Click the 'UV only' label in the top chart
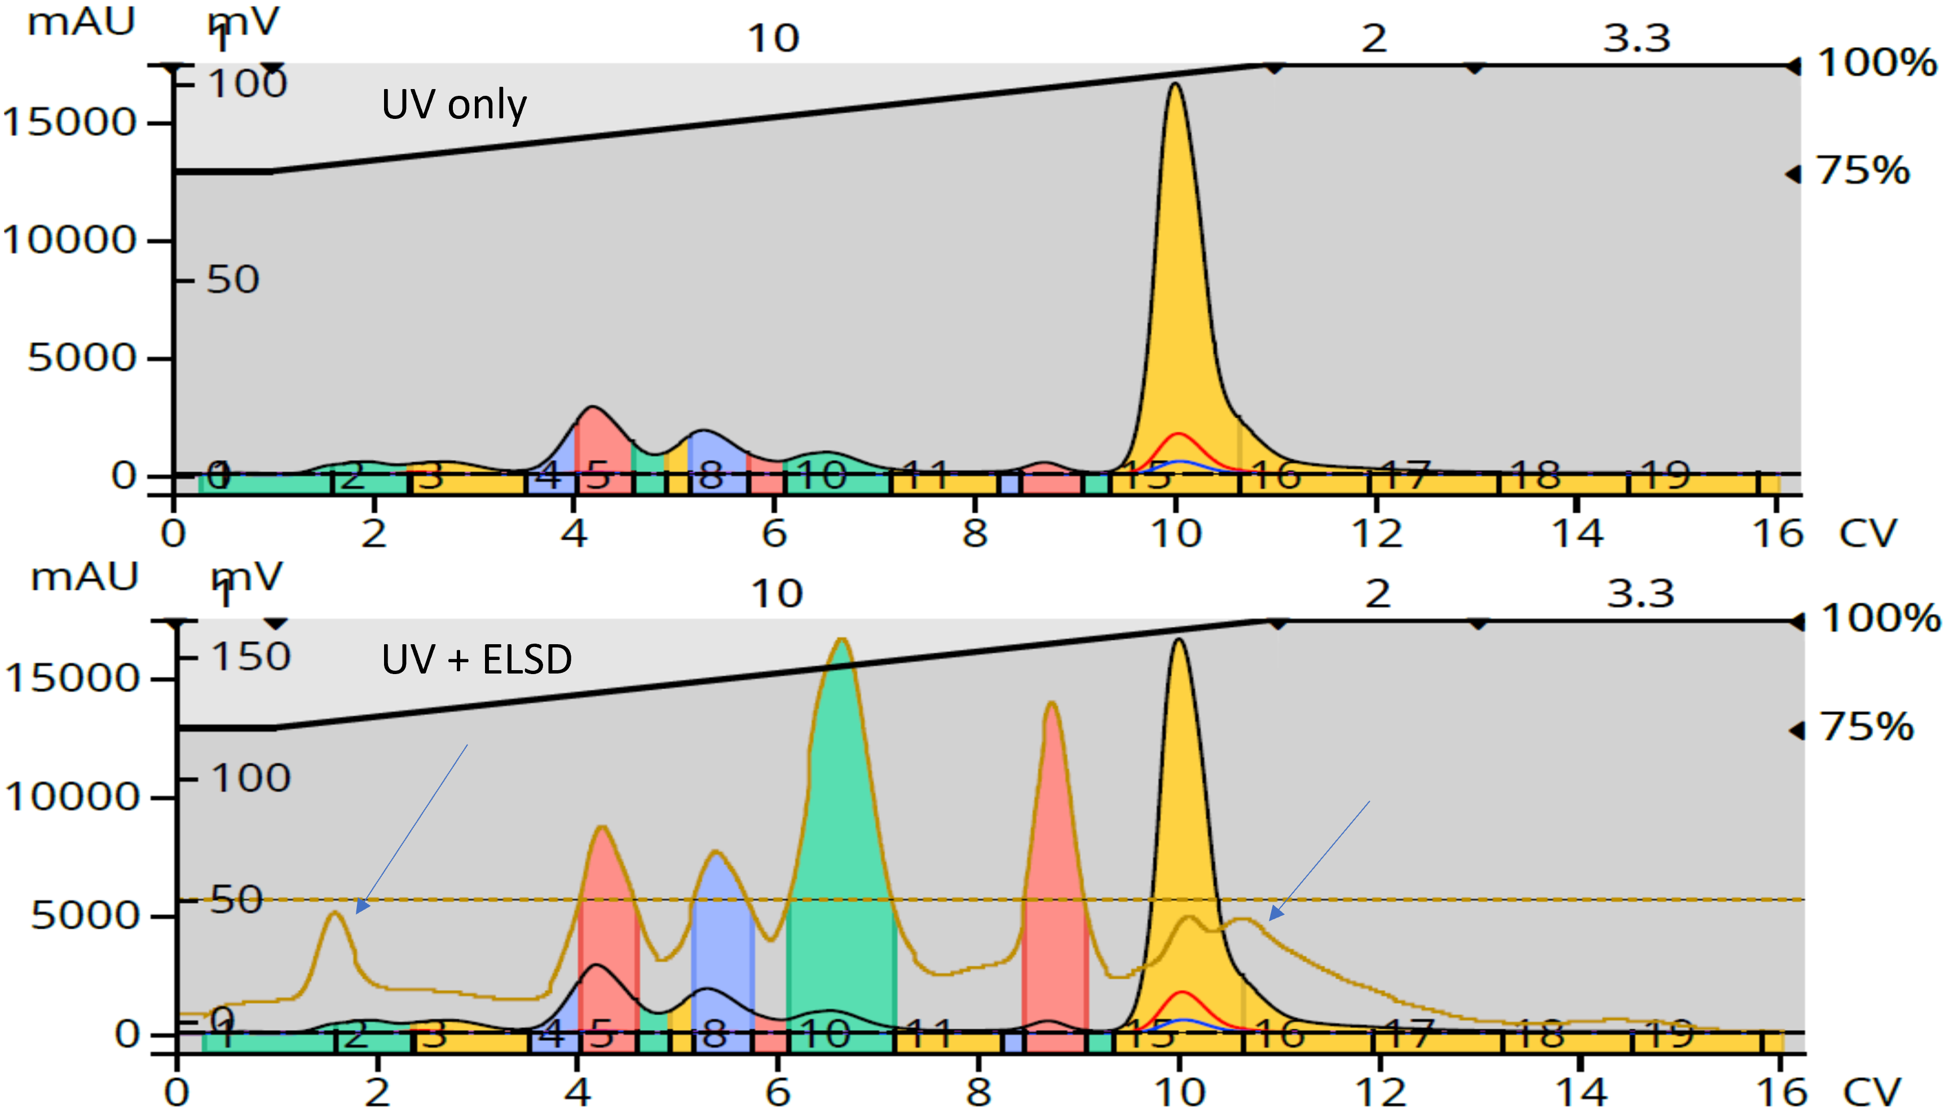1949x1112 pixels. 454,105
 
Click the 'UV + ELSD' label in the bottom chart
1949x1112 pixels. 476,659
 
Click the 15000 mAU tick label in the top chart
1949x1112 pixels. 70,122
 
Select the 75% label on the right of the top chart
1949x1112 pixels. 1863,170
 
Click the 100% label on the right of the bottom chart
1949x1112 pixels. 1880,618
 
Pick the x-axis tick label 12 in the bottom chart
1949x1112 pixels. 1381,1091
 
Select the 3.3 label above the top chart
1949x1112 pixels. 1637,38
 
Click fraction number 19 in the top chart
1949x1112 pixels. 1668,477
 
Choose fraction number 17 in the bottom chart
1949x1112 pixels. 1406,1034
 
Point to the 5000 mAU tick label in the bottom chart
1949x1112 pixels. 84,915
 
